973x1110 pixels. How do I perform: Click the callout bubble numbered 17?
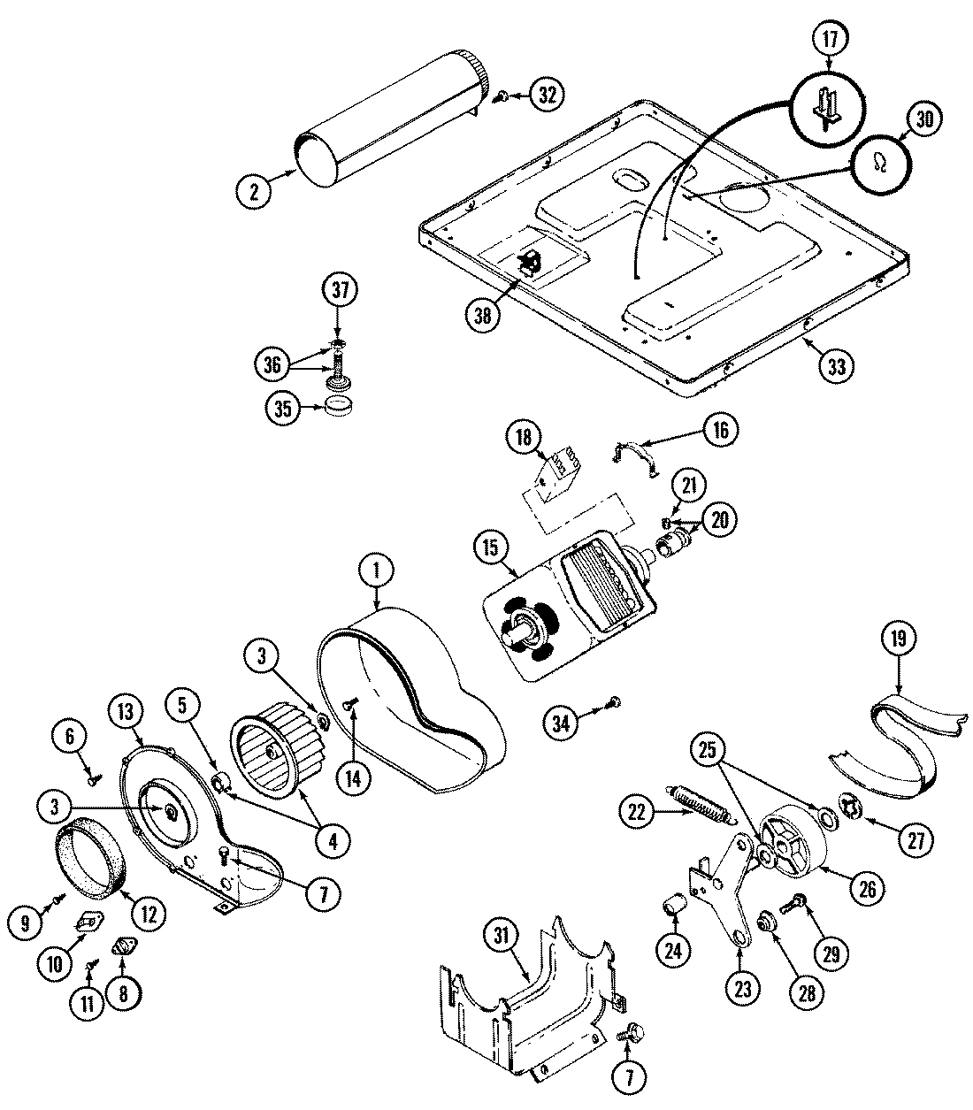(x=829, y=39)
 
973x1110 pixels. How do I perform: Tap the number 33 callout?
(x=836, y=365)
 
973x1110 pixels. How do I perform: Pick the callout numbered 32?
(x=548, y=96)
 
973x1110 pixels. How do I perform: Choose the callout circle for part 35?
(x=283, y=408)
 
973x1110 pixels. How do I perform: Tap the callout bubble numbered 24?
(x=675, y=951)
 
